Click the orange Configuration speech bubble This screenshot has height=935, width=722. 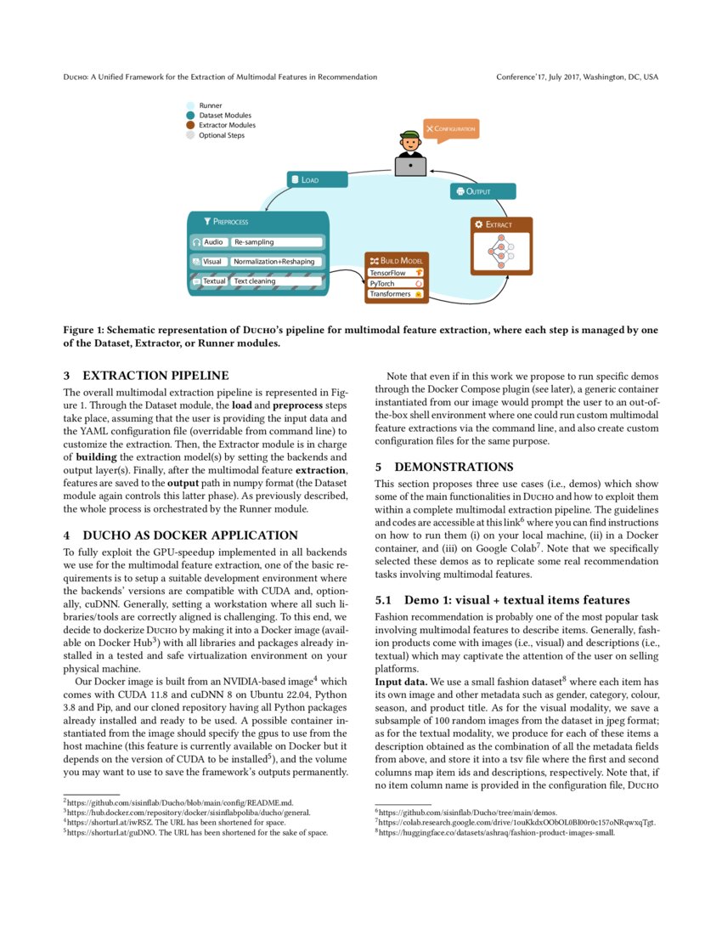(x=450, y=128)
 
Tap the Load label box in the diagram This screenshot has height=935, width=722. (x=316, y=179)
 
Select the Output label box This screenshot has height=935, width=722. (x=482, y=191)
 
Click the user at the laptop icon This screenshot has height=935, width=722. (x=410, y=155)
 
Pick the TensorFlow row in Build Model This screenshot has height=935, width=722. (x=396, y=273)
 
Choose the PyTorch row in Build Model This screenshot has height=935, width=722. (x=396, y=283)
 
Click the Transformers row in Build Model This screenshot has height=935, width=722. (x=396, y=294)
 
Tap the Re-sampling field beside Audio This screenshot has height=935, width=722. (x=276, y=242)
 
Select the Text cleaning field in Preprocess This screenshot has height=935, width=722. (x=276, y=280)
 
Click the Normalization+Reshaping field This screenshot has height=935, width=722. (x=276, y=262)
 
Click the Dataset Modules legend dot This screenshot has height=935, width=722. (x=191, y=116)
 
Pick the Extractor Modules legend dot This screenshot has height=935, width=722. (x=191, y=125)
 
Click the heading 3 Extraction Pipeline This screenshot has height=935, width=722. (x=146, y=375)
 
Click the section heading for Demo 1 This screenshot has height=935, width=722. (x=503, y=600)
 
